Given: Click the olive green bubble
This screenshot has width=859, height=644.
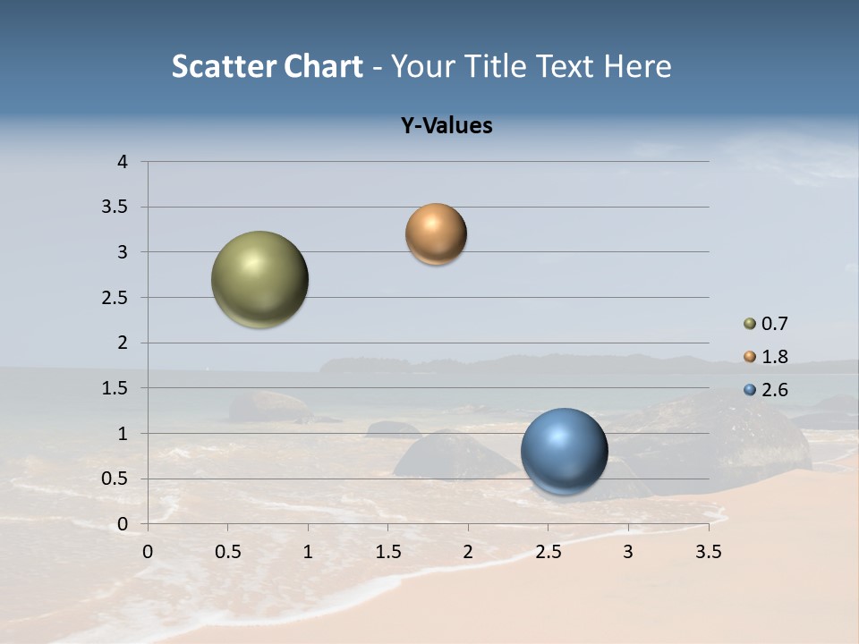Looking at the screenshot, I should click(x=260, y=279).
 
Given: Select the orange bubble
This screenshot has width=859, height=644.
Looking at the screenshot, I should click(x=436, y=234).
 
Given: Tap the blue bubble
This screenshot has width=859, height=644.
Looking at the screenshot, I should click(x=565, y=451).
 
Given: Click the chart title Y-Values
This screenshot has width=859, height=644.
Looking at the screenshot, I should click(x=447, y=125).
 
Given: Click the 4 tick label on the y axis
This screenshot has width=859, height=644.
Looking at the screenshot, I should click(x=123, y=162).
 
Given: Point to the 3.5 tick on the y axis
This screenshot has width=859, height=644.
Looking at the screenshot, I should click(x=115, y=208).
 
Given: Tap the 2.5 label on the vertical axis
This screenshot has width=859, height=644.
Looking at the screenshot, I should click(x=115, y=298).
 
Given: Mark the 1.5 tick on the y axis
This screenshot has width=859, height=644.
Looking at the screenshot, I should click(x=115, y=388).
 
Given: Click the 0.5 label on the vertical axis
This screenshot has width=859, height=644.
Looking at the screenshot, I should click(x=115, y=479).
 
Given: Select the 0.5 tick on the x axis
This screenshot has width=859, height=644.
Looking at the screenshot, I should click(x=227, y=552).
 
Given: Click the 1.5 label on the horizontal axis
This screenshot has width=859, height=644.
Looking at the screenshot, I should click(x=387, y=552).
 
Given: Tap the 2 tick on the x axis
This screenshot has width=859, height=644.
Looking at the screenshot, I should click(x=468, y=552).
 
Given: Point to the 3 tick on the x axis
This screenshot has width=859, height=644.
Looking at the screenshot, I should click(x=628, y=552).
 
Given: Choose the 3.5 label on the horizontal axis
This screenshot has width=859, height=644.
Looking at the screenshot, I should click(x=708, y=552).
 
